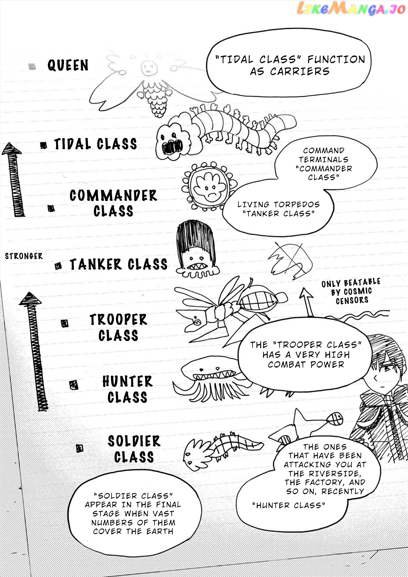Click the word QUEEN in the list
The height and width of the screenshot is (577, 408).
68,65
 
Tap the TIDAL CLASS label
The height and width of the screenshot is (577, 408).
95,144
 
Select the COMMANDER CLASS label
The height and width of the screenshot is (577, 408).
113,203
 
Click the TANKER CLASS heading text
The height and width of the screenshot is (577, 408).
119,264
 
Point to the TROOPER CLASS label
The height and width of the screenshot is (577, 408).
118,327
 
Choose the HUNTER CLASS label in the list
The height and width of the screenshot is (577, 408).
127,389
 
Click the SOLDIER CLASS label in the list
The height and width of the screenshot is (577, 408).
134,449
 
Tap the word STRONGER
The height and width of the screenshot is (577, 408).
24,256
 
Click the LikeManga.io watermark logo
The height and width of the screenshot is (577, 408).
351,8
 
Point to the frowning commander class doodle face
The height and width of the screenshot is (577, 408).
210,186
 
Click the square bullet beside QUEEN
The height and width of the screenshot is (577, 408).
32,66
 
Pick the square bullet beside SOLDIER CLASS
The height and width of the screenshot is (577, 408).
80,448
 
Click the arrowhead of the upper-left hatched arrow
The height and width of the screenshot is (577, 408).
12,149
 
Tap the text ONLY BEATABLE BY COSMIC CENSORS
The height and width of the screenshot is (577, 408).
351,291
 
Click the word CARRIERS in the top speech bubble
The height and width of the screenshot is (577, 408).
300,71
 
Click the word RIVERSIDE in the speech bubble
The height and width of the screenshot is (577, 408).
335,474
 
